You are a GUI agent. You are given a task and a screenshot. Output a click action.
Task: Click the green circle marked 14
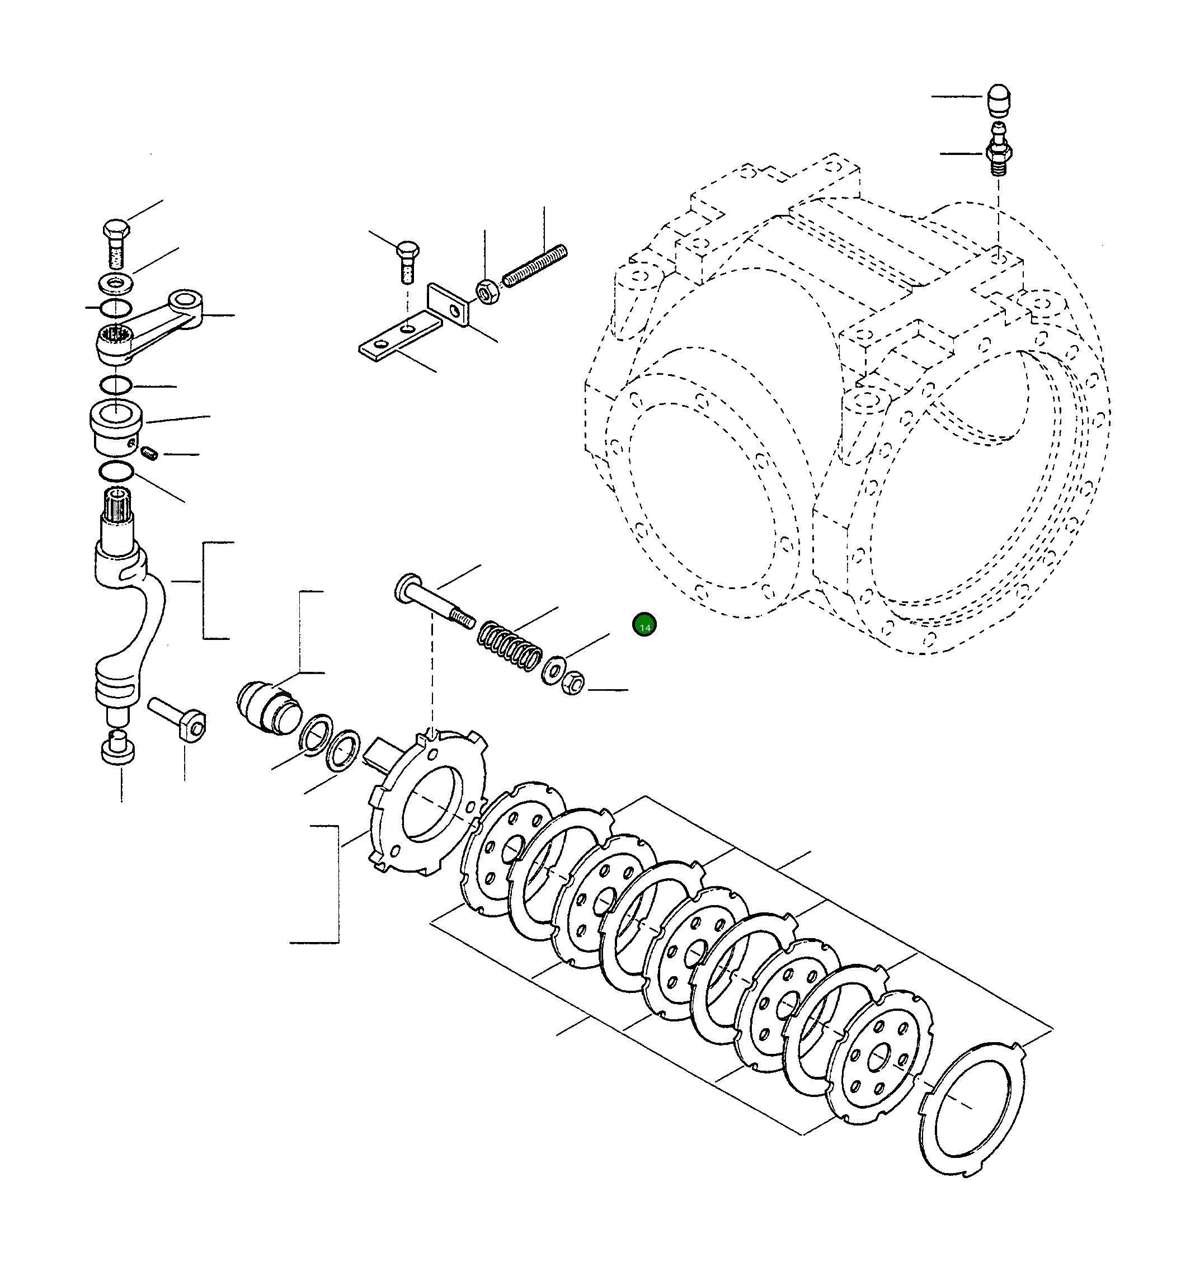[644, 625]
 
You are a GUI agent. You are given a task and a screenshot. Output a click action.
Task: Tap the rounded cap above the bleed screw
[998, 99]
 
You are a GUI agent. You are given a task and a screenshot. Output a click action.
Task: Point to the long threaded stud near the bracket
[535, 266]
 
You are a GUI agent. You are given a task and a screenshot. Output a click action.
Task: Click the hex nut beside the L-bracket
[487, 292]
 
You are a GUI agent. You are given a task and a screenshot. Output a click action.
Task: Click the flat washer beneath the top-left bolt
[115, 281]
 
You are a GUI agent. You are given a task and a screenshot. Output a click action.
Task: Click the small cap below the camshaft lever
[118, 749]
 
